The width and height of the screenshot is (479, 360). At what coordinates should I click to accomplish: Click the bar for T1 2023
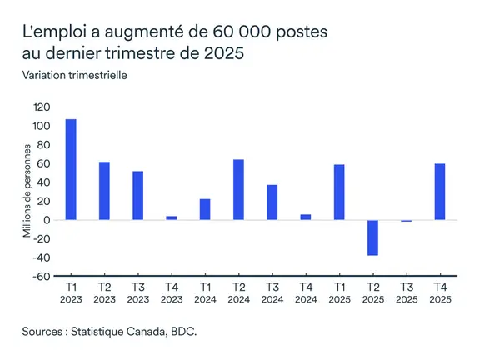point(71,169)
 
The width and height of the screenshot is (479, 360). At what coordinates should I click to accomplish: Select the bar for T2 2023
point(104,191)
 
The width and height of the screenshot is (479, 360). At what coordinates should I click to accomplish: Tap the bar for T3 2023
point(138,196)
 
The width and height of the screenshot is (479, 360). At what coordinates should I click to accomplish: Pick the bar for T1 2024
point(205,209)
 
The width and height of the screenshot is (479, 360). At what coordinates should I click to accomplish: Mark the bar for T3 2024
point(272,202)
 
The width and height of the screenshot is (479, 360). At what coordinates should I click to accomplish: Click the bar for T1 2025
point(339,192)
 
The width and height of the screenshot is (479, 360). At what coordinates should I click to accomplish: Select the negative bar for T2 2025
point(372,237)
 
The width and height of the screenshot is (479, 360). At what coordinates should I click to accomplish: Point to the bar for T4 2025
point(439,192)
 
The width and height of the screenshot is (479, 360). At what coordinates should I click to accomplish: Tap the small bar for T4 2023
point(172,217)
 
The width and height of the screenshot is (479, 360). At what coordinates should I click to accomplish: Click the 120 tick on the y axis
point(42,107)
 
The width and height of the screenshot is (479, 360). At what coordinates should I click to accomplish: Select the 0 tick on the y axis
point(48,220)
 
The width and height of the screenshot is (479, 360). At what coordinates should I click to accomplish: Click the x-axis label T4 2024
point(306,293)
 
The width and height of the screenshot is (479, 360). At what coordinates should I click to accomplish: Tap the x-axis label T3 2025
point(406,293)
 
